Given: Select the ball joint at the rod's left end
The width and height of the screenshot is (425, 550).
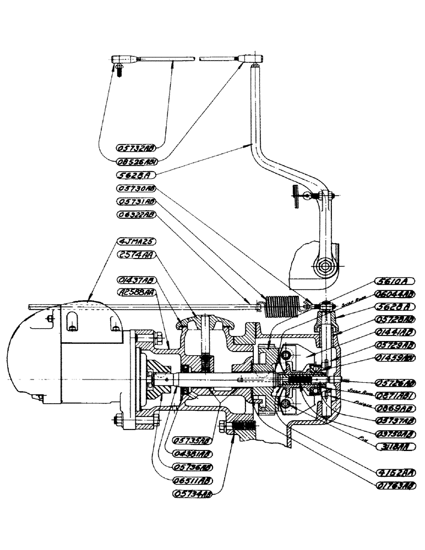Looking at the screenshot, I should [x=119, y=60].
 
